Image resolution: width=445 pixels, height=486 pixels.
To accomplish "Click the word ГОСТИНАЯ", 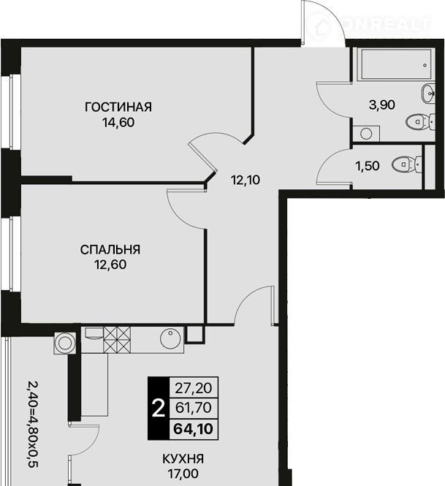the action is pyautogui.click(x=118, y=107).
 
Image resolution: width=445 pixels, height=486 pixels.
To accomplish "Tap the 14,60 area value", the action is pyautogui.click(x=118, y=123).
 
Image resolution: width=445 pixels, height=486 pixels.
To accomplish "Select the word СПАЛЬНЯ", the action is pyautogui.click(x=110, y=249).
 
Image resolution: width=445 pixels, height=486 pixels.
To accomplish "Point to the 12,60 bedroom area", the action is pyautogui.click(x=110, y=265).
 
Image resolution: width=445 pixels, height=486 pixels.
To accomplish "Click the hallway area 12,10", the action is pyautogui.click(x=246, y=180).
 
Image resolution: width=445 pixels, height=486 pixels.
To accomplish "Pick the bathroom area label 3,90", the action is pyautogui.click(x=381, y=105).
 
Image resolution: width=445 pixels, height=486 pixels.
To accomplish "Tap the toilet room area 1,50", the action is pyautogui.click(x=368, y=166).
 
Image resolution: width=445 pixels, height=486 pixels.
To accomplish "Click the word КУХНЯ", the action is pyautogui.click(x=183, y=459).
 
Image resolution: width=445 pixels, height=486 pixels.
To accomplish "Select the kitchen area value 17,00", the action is pyautogui.click(x=183, y=474).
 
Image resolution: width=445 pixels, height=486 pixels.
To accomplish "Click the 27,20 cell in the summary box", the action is pyautogui.click(x=194, y=388).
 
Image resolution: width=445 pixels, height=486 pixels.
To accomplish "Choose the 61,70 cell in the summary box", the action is pyautogui.click(x=194, y=408).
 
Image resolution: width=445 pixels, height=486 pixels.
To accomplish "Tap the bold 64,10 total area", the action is pyautogui.click(x=194, y=429).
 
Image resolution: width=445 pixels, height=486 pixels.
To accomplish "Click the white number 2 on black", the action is pyautogui.click(x=159, y=409).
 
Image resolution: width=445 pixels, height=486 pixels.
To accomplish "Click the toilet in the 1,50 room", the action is pyautogui.click(x=407, y=164).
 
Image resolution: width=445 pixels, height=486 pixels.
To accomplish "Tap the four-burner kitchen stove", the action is pyautogui.click(x=117, y=340).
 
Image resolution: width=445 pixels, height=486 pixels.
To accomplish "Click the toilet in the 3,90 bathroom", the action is pyautogui.click(x=420, y=123).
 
